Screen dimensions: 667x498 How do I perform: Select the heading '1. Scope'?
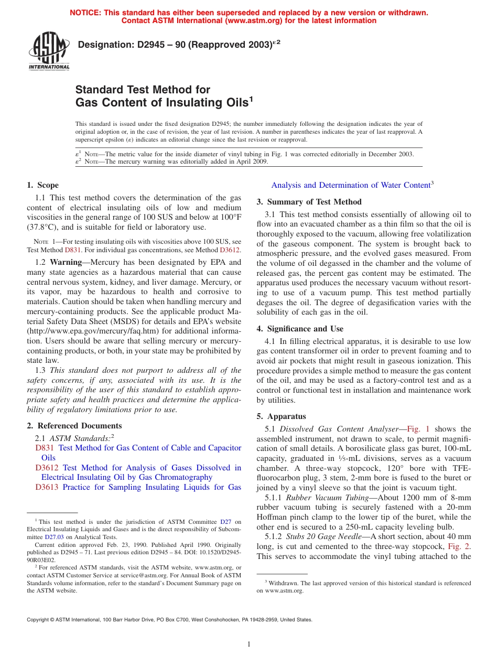pos(42,185)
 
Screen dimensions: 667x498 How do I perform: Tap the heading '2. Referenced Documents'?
pos(74,426)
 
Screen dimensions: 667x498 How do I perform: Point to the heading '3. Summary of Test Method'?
pos(309,202)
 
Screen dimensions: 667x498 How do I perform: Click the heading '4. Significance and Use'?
pos(300,329)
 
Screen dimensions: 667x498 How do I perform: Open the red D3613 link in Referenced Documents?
pos(47,487)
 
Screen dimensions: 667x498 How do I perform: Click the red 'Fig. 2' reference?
pos(459,546)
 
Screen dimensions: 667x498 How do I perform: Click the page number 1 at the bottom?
pos(249,644)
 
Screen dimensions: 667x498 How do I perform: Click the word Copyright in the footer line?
pos(38,619)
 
